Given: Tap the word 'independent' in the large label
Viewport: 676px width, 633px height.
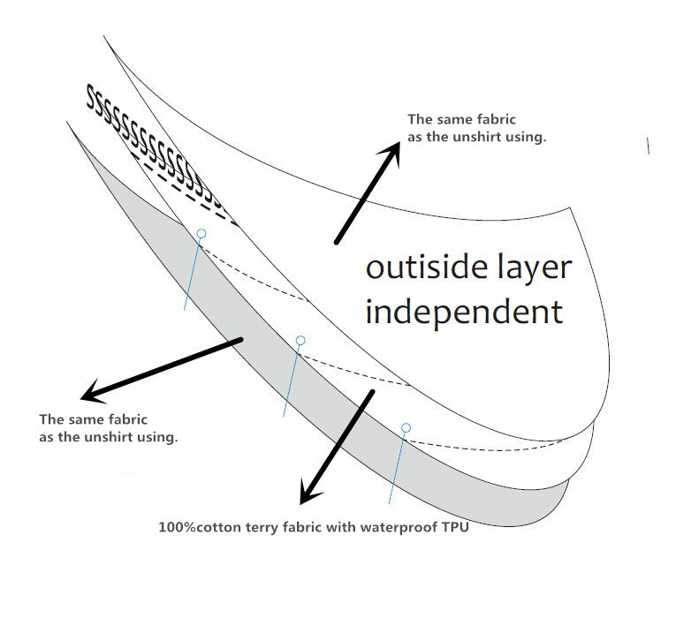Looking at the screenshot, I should tap(463, 311).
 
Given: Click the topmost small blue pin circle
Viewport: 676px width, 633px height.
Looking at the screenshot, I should tap(201, 234).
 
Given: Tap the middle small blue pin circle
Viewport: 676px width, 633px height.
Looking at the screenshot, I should tap(300, 340).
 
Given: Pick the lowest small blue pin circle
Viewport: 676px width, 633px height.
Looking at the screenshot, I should tap(406, 427).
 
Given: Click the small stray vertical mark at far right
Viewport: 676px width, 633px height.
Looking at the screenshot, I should tap(649, 146).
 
